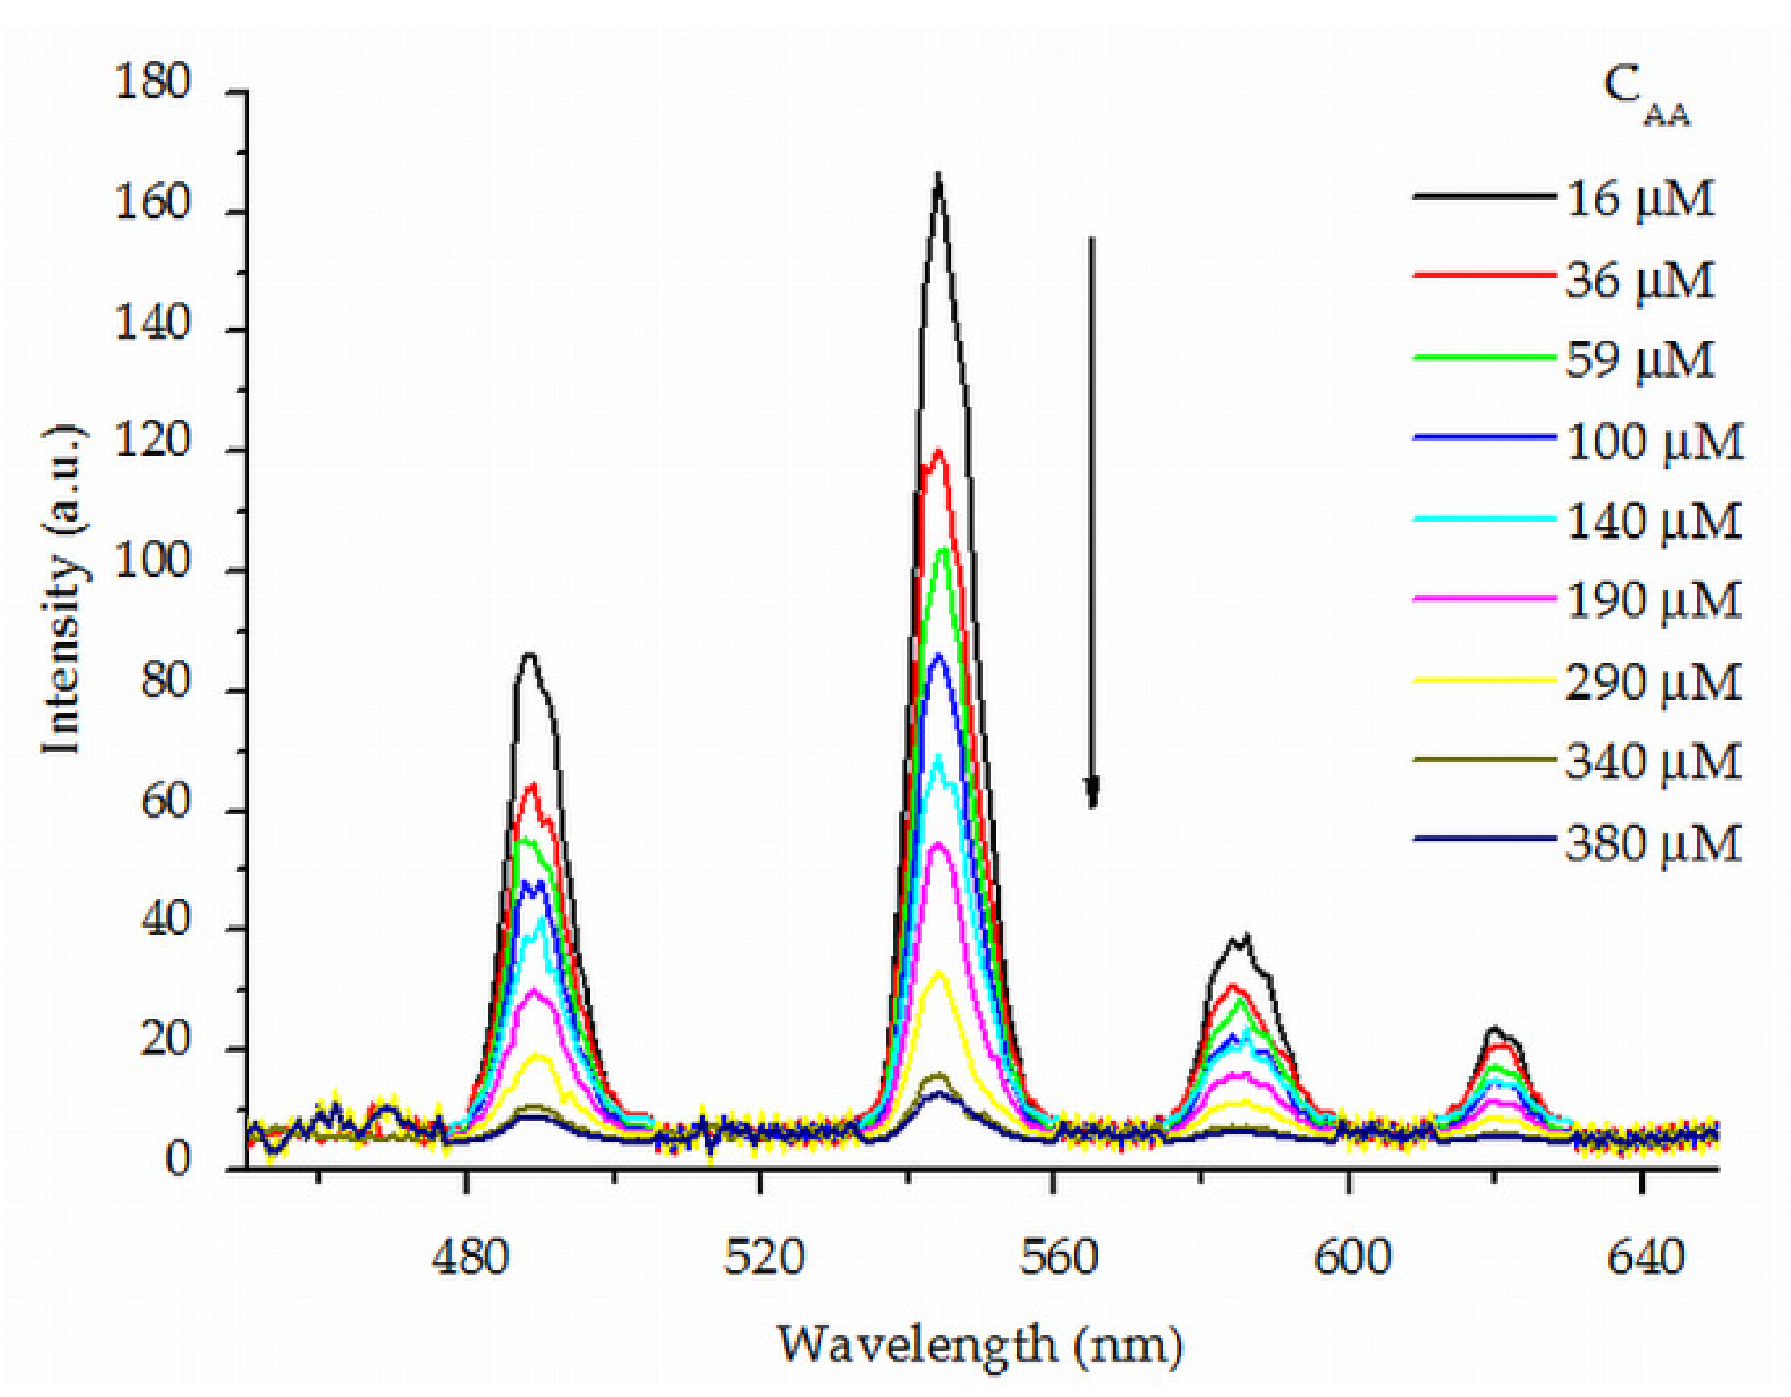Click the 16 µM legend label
click(1640, 199)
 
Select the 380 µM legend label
click(1653, 843)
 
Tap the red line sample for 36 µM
click(1485, 275)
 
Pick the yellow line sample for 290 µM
click(1485, 679)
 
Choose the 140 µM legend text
click(1653, 522)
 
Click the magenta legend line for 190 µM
click(1485, 599)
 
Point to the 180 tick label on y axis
click(153, 83)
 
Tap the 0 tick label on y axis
click(177, 1161)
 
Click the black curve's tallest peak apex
click(938, 176)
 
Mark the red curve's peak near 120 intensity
click(939, 451)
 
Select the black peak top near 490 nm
click(529, 655)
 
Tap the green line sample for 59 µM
click(1485, 357)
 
